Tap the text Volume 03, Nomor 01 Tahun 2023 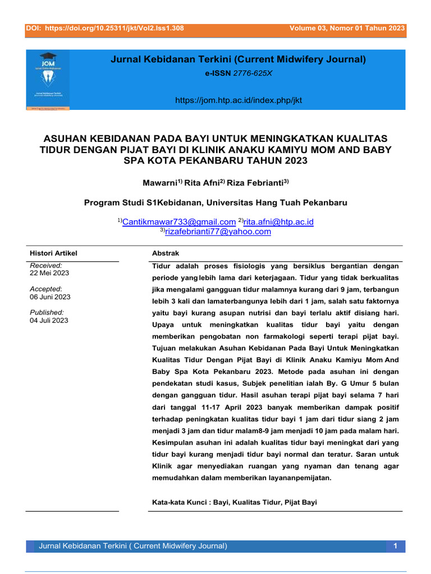pyautogui.click(x=347, y=28)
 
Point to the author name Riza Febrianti pyautogui.click(x=257, y=183)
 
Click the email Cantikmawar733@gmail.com pyautogui.click(x=178, y=222)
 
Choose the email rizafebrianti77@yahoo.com pyautogui.click(x=218, y=231)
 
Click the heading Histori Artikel pyautogui.click(x=53, y=253)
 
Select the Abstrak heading pyautogui.click(x=166, y=253)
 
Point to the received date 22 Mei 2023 pyautogui.click(x=49, y=274)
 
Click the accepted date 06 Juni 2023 pyautogui.click(x=50, y=297)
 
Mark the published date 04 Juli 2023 pyautogui.click(x=49, y=321)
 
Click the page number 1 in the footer pyautogui.click(x=395, y=545)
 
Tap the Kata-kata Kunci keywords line pyautogui.click(x=235, y=502)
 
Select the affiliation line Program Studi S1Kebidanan pyautogui.click(x=215, y=202)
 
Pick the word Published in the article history pyautogui.click(x=47, y=312)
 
